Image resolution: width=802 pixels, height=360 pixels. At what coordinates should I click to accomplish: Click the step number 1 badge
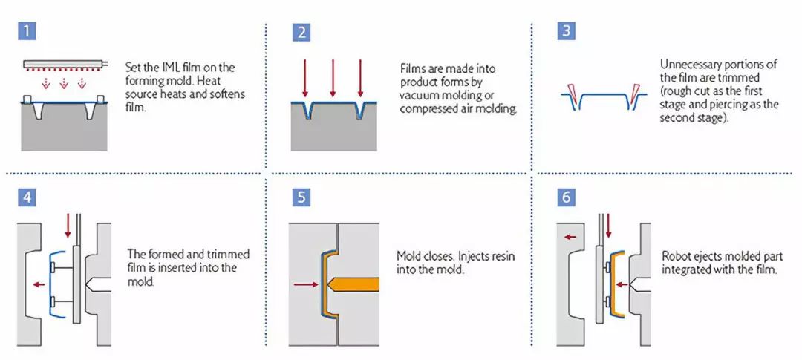pyautogui.click(x=27, y=32)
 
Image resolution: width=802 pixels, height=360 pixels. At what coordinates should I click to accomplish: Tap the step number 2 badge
pyautogui.click(x=301, y=32)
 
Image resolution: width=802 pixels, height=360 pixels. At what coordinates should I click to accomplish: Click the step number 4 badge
pyautogui.click(x=27, y=197)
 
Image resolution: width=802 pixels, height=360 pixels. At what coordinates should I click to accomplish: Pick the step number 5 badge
pyautogui.click(x=301, y=197)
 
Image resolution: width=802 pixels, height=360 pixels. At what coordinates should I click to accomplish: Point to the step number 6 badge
pyautogui.click(x=566, y=197)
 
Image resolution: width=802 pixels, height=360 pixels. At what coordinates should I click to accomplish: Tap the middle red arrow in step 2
pyautogui.click(x=333, y=78)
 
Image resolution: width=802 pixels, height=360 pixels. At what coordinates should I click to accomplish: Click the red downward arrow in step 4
pyautogui.click(x=68, y=226)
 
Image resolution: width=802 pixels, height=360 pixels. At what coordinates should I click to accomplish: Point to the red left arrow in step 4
pyautogui.click(x=39, y=284)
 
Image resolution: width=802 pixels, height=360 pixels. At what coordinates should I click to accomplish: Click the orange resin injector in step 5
pyautogui.click(x=353, y=284)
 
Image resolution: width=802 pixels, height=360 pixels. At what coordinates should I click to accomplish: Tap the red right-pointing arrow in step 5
pyautogui.click(x=307, y=284)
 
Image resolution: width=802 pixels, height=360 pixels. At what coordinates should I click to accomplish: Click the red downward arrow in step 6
pyautogui.click(x=608, y=226)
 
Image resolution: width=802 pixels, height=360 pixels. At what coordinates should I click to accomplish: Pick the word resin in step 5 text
pyautogui.click(x=503, y=255)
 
